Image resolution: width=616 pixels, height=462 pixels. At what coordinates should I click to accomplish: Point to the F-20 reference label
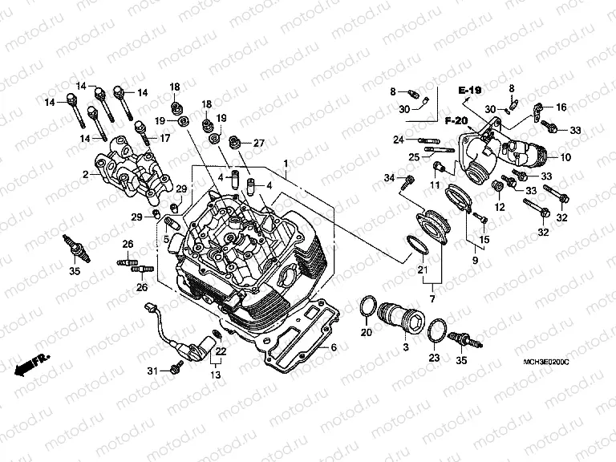pyautogui.click(x=456, y=120)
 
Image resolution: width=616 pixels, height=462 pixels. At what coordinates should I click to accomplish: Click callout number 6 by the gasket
pyautogui.click(x=334, y=348)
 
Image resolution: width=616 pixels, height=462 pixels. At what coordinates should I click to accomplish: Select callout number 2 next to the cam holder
pyautogui.click(x=85, y=173)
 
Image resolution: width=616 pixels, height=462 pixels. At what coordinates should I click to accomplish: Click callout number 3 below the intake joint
pyautogui.click(x=405, y=346)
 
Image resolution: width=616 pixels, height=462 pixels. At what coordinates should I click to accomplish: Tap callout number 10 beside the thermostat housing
pyautogui.click(x=565, y=157)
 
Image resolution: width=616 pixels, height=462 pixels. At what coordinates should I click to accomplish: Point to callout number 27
pyautogui.click(x=259, y=143)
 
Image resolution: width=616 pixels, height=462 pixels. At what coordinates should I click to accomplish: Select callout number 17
pyautogui.click(x=164, y=138)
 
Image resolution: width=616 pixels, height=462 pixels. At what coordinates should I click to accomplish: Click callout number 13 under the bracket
pyautogui.click(x=215, y=375)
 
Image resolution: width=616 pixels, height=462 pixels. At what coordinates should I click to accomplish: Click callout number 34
pyautogui.click(x=389, y=177)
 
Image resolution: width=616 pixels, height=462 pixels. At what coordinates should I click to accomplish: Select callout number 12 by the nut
pyautogui.click(x=500, y=207)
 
